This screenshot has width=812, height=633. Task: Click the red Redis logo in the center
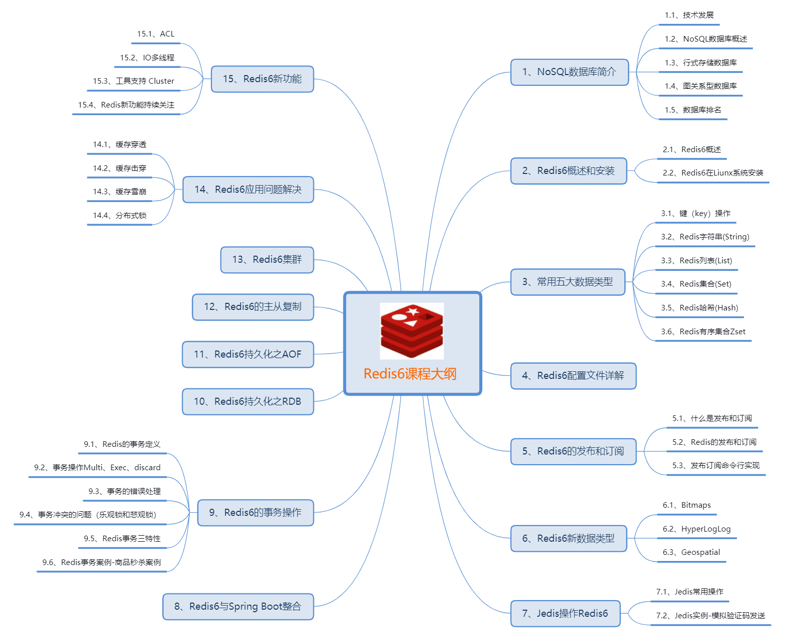412,331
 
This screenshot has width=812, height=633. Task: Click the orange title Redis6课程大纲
410,374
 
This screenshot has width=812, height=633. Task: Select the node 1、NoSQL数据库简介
569,72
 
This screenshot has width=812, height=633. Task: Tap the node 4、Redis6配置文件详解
573,376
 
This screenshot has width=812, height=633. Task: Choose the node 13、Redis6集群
267,260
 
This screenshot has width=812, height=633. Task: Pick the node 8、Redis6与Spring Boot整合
238,607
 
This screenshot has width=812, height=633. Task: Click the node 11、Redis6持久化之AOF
248,355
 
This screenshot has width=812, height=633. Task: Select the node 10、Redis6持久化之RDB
248,402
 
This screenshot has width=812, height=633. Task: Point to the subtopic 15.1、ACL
156,34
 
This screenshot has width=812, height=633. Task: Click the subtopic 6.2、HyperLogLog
696,529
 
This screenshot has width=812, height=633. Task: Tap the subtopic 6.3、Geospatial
691,552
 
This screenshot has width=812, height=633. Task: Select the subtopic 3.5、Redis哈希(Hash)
699,308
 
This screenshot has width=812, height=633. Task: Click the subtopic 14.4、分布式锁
120,216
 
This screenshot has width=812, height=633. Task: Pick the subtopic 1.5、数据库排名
693,110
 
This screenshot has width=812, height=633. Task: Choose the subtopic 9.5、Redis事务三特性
122,539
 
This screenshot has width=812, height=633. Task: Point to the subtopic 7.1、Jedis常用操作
690,592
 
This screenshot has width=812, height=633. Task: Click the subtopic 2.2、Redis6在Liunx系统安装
713,173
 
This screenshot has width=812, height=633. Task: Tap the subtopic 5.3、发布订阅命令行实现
716,466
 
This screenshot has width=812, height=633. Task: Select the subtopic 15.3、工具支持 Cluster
133,81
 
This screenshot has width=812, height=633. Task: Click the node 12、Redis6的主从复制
253,307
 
